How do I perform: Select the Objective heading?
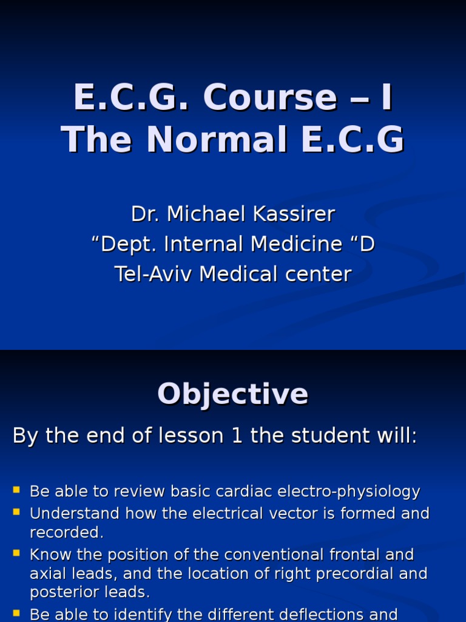tap(233, 394)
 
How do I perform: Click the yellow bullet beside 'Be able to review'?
tap(16, 489)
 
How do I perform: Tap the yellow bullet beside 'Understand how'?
tap(16, 511)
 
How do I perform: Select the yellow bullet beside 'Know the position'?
tap(16, 552)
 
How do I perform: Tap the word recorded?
tap(67, 532)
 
